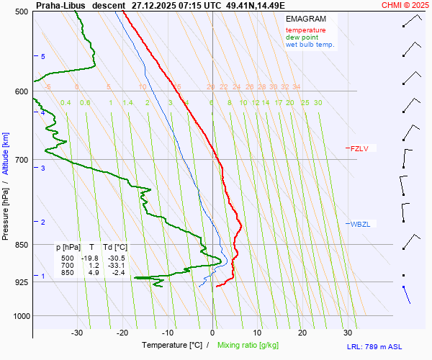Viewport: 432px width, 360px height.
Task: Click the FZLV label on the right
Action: pyautogui.click(x=359, y=148)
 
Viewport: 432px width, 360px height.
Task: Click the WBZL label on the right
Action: pyautogui.click(x=360, y=224)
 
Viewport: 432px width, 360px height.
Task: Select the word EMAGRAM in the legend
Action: pyautogui.click(x=305, y=19)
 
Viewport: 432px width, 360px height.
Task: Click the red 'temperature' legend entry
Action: pyautogui.click(x=305, y=30)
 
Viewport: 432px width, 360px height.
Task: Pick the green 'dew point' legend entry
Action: pyautogui.click(x=302, y=37)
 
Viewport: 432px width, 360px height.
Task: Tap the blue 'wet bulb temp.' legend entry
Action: pyautogui.click(x=310, y=45)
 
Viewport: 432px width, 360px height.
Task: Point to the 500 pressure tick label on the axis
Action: pyautogui.click(x=22, y=12)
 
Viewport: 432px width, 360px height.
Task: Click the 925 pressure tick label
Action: pyautogui.click(x=22, y=282)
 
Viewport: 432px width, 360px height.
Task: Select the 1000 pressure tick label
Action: pyautogui.click(x=19, y=316)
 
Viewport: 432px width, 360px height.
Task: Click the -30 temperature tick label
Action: pyautogui.click(x=77, y=333)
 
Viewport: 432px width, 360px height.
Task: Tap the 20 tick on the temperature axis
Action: pyautogui.click(x=302, y=333)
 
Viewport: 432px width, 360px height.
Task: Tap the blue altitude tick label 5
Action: pyautogui.click(x=43, y=56)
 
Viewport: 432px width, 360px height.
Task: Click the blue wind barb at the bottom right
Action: pyautogui.click(x=406, y=294)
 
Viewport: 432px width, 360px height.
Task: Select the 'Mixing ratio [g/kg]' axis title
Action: pyautogui.click(x=249, y=346)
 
